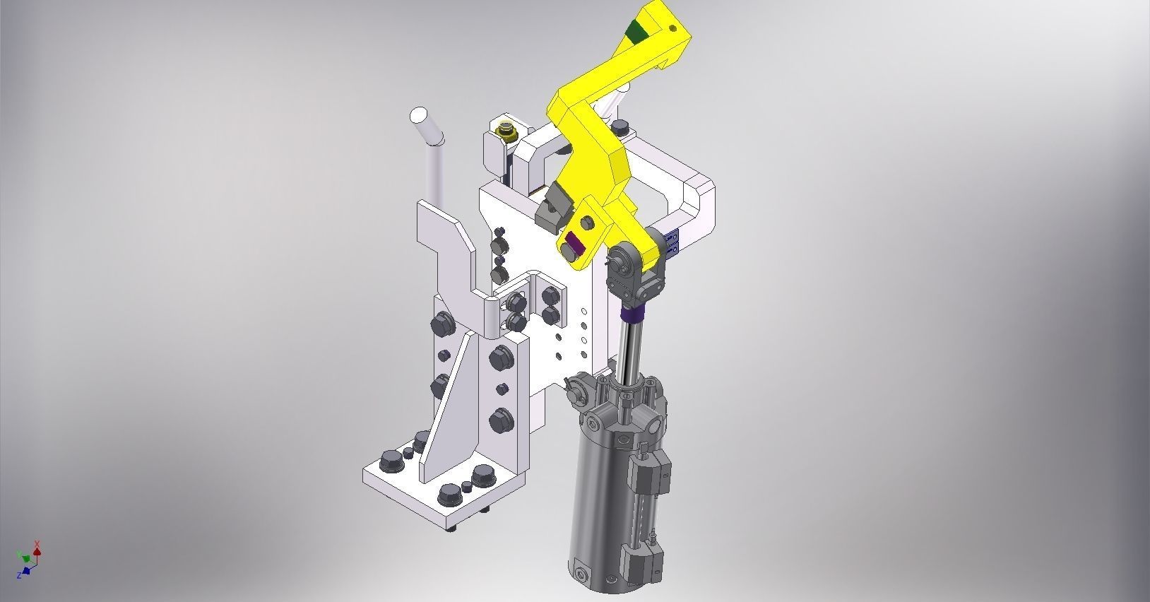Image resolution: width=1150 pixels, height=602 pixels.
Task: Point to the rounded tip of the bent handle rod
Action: pos(420,114)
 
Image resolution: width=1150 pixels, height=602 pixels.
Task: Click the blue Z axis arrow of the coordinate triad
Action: pos(26,569)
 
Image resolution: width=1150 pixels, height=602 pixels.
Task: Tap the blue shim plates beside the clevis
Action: pos(673,240)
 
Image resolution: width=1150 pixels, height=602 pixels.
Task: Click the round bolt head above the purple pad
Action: pos(586,223)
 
